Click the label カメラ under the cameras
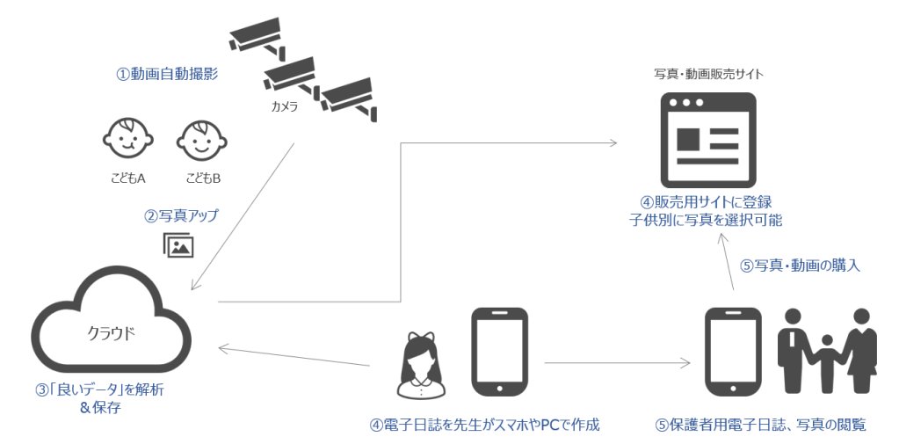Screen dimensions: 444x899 [x=284, y=107]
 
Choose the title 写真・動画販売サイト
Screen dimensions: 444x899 [x=708, y=74]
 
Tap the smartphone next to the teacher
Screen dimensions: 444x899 [x=499, y=351]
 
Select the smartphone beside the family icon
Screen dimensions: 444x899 [x=734, y=351]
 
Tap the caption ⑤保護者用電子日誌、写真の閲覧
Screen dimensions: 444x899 [x=760, y=426]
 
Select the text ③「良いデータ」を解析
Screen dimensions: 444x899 [x=99, y=390]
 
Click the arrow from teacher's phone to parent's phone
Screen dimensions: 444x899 [x=615, y=362]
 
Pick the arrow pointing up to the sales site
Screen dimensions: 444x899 [x=729, y=264]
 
